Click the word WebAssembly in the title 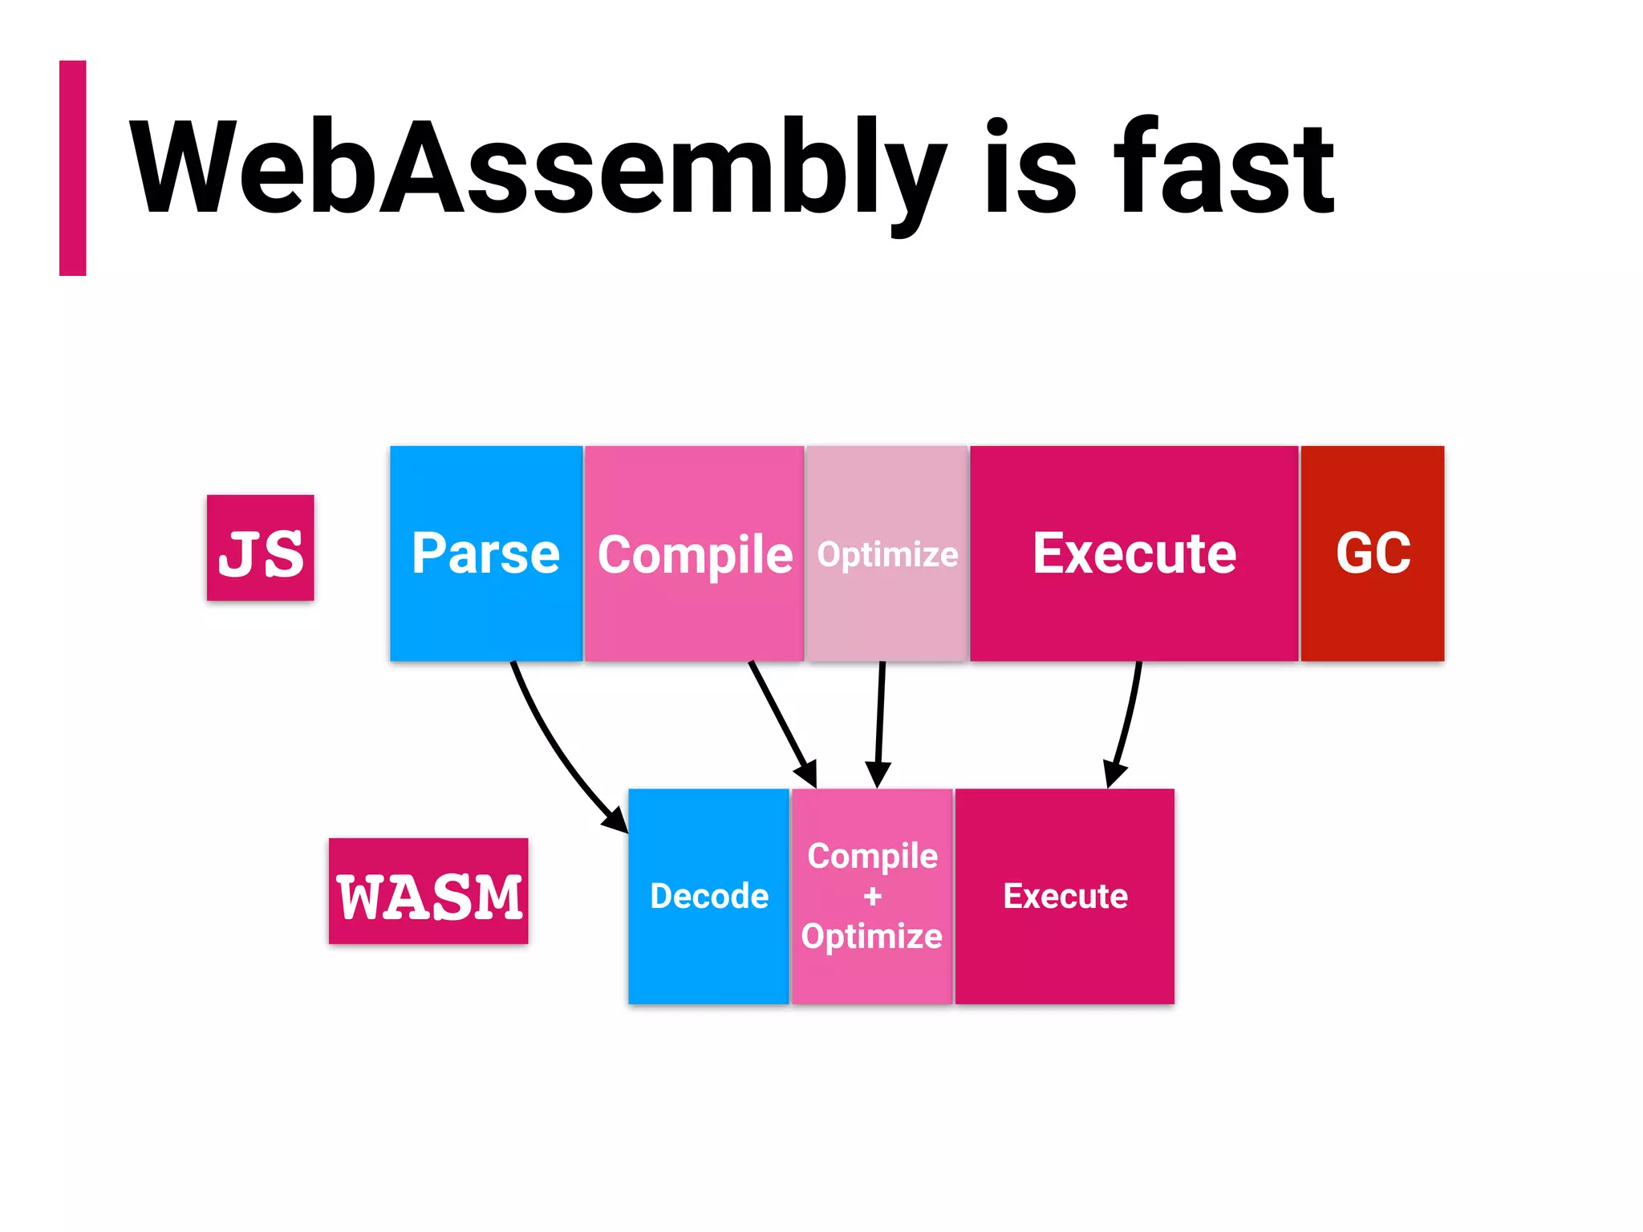tap(538, 168)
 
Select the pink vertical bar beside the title tap(73, 168)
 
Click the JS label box tap(261, 548)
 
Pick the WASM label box tap(428, 891)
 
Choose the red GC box tap(1373, 553)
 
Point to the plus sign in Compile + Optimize tap(873, 896)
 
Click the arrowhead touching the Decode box tap(616, 820)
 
